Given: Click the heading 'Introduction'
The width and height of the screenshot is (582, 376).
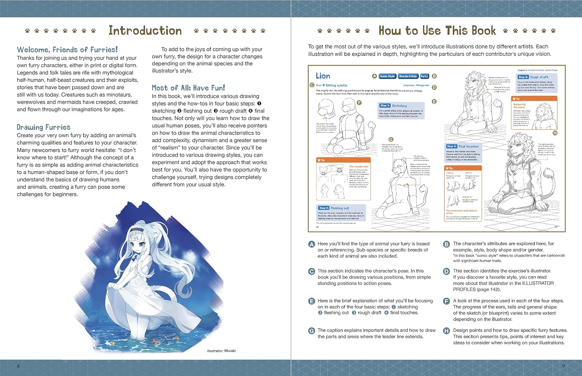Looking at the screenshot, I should point(145,31).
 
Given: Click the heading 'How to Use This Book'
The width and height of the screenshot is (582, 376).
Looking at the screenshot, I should point(437,31).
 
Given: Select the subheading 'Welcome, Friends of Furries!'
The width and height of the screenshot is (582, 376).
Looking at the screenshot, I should point(67,50).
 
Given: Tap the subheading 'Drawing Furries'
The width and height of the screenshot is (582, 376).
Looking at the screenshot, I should point(43,127).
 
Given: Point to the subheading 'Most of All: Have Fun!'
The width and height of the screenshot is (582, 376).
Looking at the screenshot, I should point(188,88).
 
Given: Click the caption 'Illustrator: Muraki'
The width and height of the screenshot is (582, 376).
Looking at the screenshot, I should point(221,351).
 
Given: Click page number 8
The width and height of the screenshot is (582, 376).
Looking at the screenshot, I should point(18,366).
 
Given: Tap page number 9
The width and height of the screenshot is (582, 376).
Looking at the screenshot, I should point(563,366).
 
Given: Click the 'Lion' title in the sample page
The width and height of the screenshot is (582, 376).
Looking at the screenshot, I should point(323,76).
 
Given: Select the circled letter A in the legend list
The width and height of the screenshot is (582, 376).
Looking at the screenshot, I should point(312,244).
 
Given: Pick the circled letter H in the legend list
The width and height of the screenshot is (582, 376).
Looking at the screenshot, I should point(447,331).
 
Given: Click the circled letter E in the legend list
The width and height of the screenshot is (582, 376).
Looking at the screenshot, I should point(312,301).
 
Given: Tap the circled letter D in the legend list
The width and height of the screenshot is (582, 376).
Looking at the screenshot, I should point(447,271).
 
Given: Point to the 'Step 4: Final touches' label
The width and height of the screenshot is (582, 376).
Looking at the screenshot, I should point(463,146).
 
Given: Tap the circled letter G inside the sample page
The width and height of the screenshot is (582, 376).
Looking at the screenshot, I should point(391,140).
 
